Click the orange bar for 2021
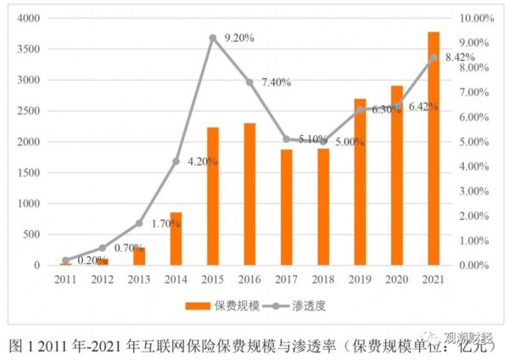[x=433, y=149]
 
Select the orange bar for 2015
[x=212, y=196]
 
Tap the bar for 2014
[x=176, y=239]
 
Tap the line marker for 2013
[x=139, y=223]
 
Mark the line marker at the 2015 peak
[x=212, y=37]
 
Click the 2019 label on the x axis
[x=360, y=279]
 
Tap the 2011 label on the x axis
[x=65, y=279]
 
